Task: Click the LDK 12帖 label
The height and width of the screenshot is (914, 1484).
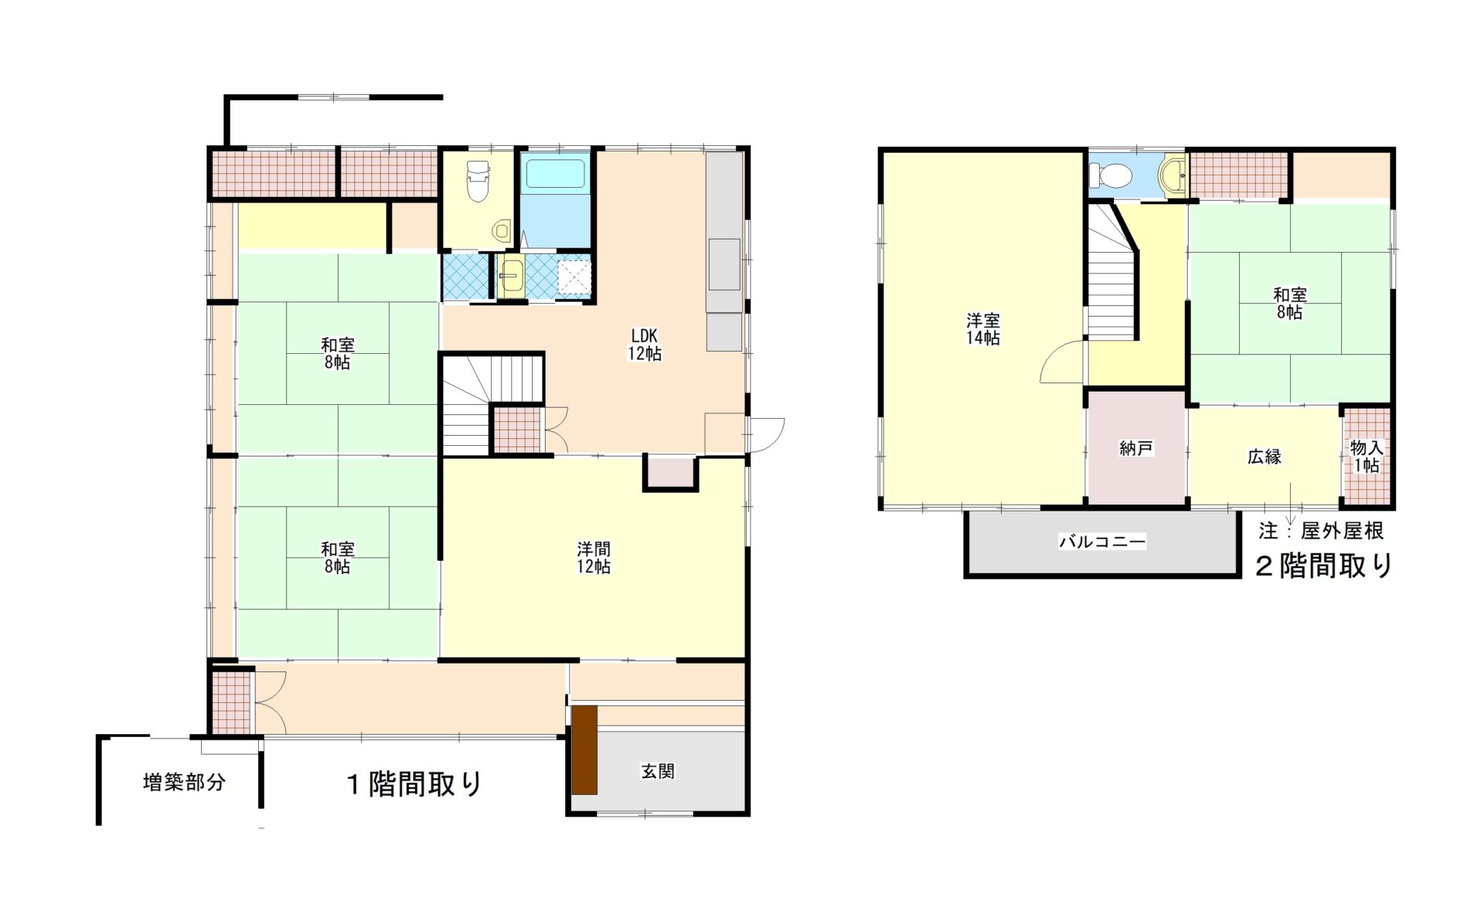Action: point(645,345)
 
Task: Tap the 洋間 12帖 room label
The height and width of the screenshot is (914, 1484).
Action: point(594,557)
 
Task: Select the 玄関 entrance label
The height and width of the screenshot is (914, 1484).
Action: point(658,771)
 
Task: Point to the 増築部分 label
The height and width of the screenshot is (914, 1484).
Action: point(185,783)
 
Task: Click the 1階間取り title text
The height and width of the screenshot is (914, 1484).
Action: point(414,784)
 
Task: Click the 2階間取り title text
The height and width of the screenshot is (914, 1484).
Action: point(1324,566)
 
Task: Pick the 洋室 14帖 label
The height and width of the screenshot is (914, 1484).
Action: point(983,329)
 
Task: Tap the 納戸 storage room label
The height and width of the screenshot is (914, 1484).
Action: point(1136,448)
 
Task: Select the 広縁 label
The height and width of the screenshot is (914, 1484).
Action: point(1264,457)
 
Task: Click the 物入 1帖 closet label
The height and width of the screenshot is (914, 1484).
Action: point(1366,457)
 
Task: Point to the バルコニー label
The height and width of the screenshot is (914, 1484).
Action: point(1102,542)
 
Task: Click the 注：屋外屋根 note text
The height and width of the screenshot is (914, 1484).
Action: point(1321,531)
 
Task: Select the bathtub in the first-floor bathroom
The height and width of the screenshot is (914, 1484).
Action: point(556,174)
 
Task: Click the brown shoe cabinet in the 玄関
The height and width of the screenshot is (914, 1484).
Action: point(585,750)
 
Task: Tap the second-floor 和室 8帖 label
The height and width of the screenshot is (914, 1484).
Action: point(1289,304)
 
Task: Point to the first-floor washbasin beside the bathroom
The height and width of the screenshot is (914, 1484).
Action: point(511,276)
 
